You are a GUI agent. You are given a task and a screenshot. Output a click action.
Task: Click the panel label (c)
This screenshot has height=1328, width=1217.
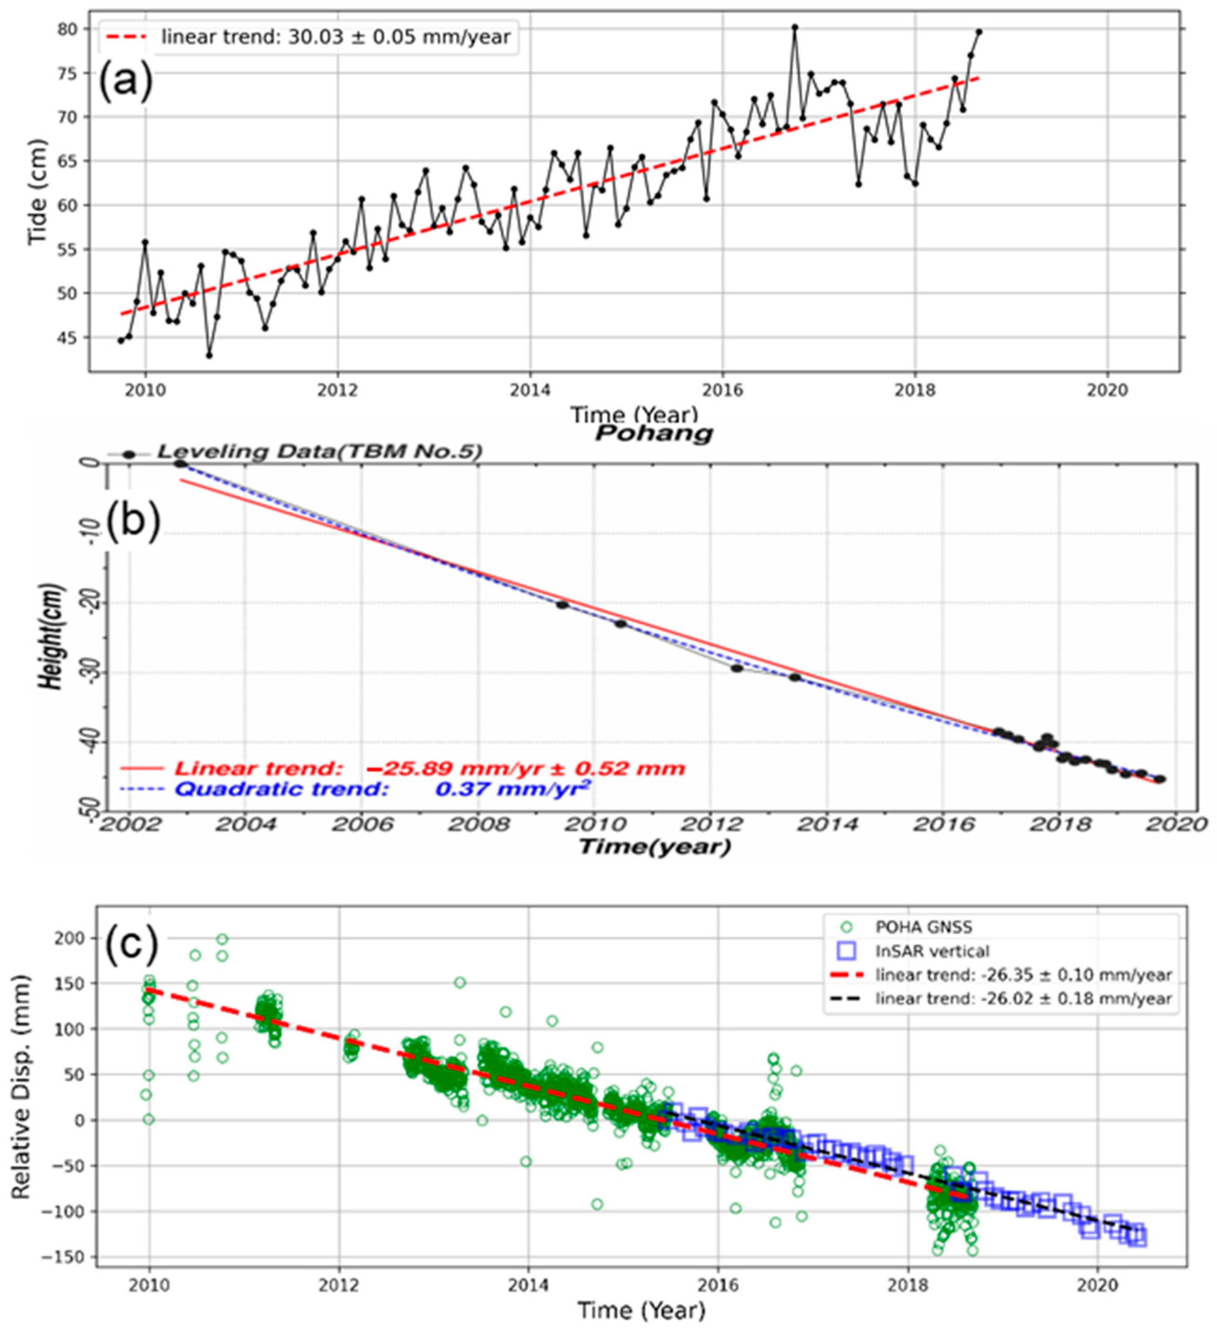coord(132,945)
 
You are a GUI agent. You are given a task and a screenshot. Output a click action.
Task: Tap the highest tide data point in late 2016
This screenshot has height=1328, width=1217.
coord(794,28)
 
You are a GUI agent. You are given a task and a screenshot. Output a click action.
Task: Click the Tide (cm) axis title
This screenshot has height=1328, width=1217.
coord(38,193)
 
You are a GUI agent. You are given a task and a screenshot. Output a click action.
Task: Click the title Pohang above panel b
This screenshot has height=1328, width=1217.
coord(653,433)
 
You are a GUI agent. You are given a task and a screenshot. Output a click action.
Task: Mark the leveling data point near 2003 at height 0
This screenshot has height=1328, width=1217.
coord(180,464)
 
